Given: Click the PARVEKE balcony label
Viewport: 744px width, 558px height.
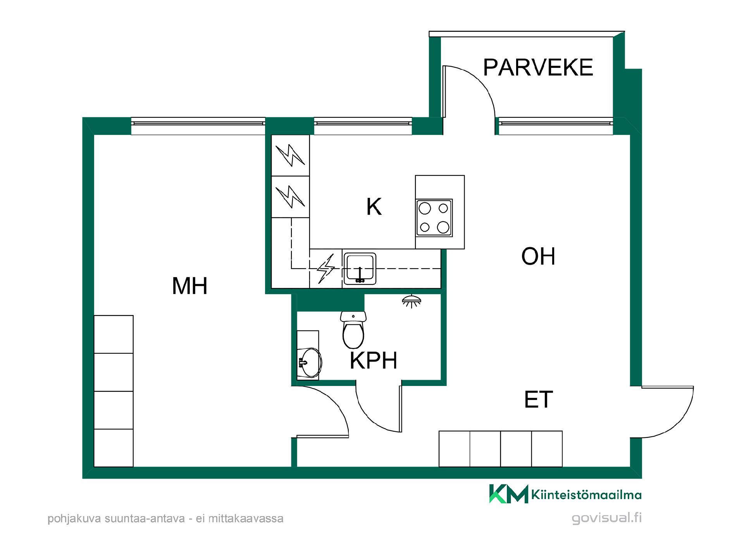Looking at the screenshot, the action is pyautogui.click(x=538, y=67).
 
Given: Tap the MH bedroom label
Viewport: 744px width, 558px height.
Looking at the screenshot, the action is pyautogui.click(x=190, y=286).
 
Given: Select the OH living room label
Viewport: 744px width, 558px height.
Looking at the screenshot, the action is pyautogui.click(x=538, y=256).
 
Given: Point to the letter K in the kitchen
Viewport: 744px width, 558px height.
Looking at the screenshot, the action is pyautogui.click(x=374, y=207).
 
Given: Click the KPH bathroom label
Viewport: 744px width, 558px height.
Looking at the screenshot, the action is pyautogui.click(x=374, y=361).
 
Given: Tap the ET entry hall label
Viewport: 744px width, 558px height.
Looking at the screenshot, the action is pyautogui.click(x=538, y=400).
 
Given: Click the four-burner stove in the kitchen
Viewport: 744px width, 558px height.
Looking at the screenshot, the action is pyautogui.click(x=434, y=218).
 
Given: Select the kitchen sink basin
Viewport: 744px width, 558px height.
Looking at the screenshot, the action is pyautogui.click(x=360, y=269).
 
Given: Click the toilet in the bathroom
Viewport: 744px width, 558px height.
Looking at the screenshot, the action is pyautogui.click(x=353, y=330).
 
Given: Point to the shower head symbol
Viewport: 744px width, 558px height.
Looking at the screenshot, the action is pyautogui.click(x=412, y=301).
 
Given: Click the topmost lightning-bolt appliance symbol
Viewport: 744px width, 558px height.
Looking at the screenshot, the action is pyautogui.click(x=290, y=155).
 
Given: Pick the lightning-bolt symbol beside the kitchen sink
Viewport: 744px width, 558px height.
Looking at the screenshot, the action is pyautogui.click(x=326, y=269).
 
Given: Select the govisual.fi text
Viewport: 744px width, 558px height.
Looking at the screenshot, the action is pyautogui.click(x=607, y=518).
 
